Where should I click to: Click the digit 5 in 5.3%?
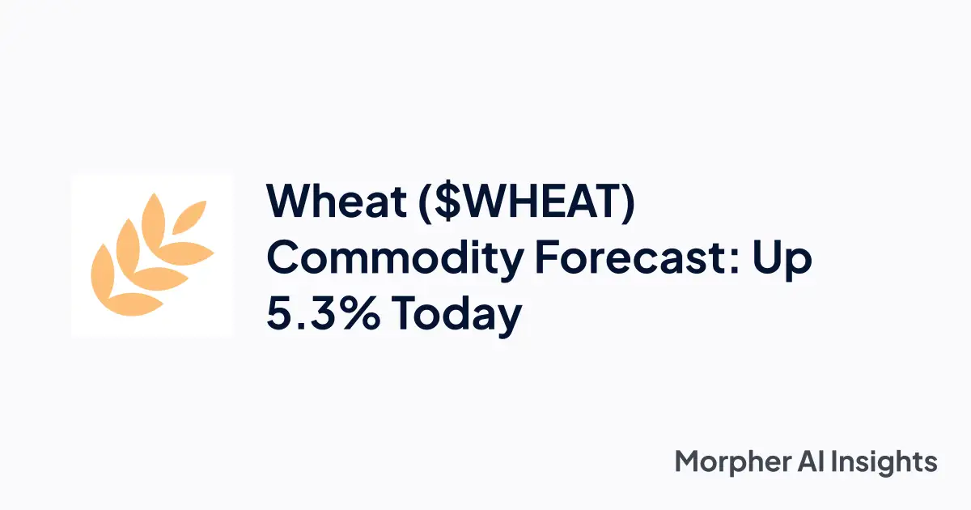click(280, 315)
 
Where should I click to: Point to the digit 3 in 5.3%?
click(316, 315)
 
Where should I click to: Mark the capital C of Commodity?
click(285, 259)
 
